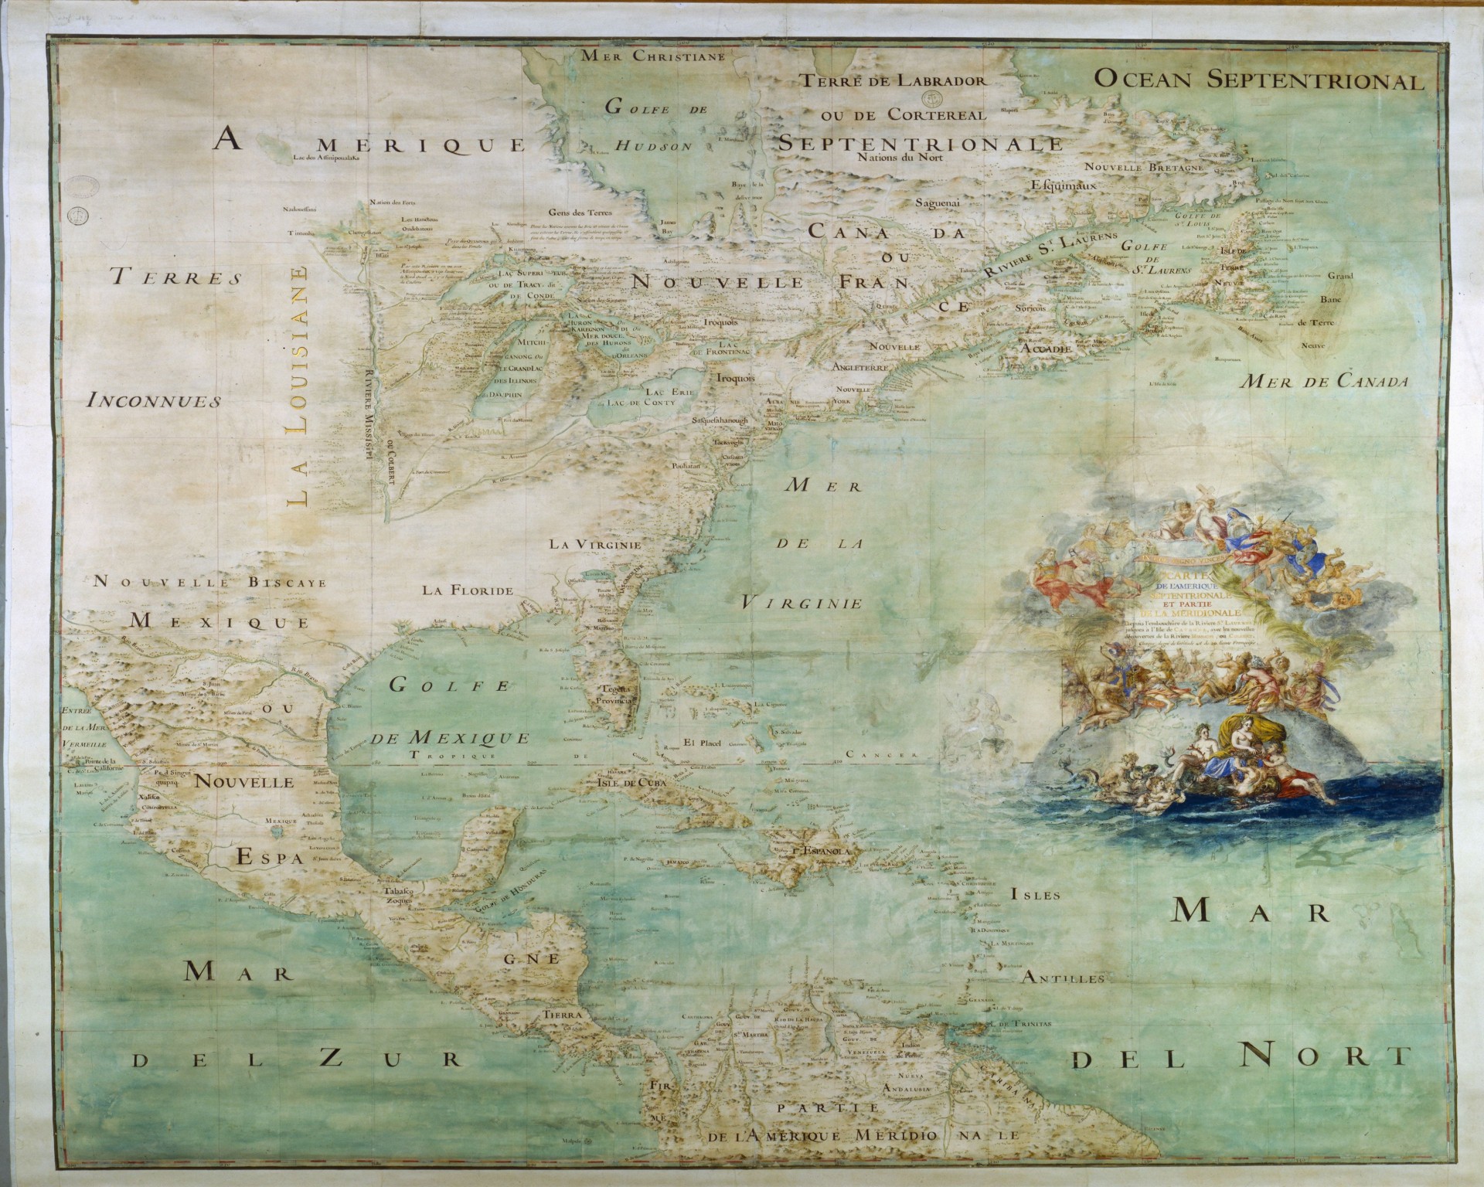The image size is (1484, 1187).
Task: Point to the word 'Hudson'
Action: (x=652, y=145)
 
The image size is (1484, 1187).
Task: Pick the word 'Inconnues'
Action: (x=154, y=401)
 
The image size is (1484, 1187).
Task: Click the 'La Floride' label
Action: (x=468, y=591)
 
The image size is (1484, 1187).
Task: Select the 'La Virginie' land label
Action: (x=596, y=544)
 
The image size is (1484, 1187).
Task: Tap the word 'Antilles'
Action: (x=1063, y=978)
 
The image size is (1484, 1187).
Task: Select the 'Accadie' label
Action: (x=1045, y=349)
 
